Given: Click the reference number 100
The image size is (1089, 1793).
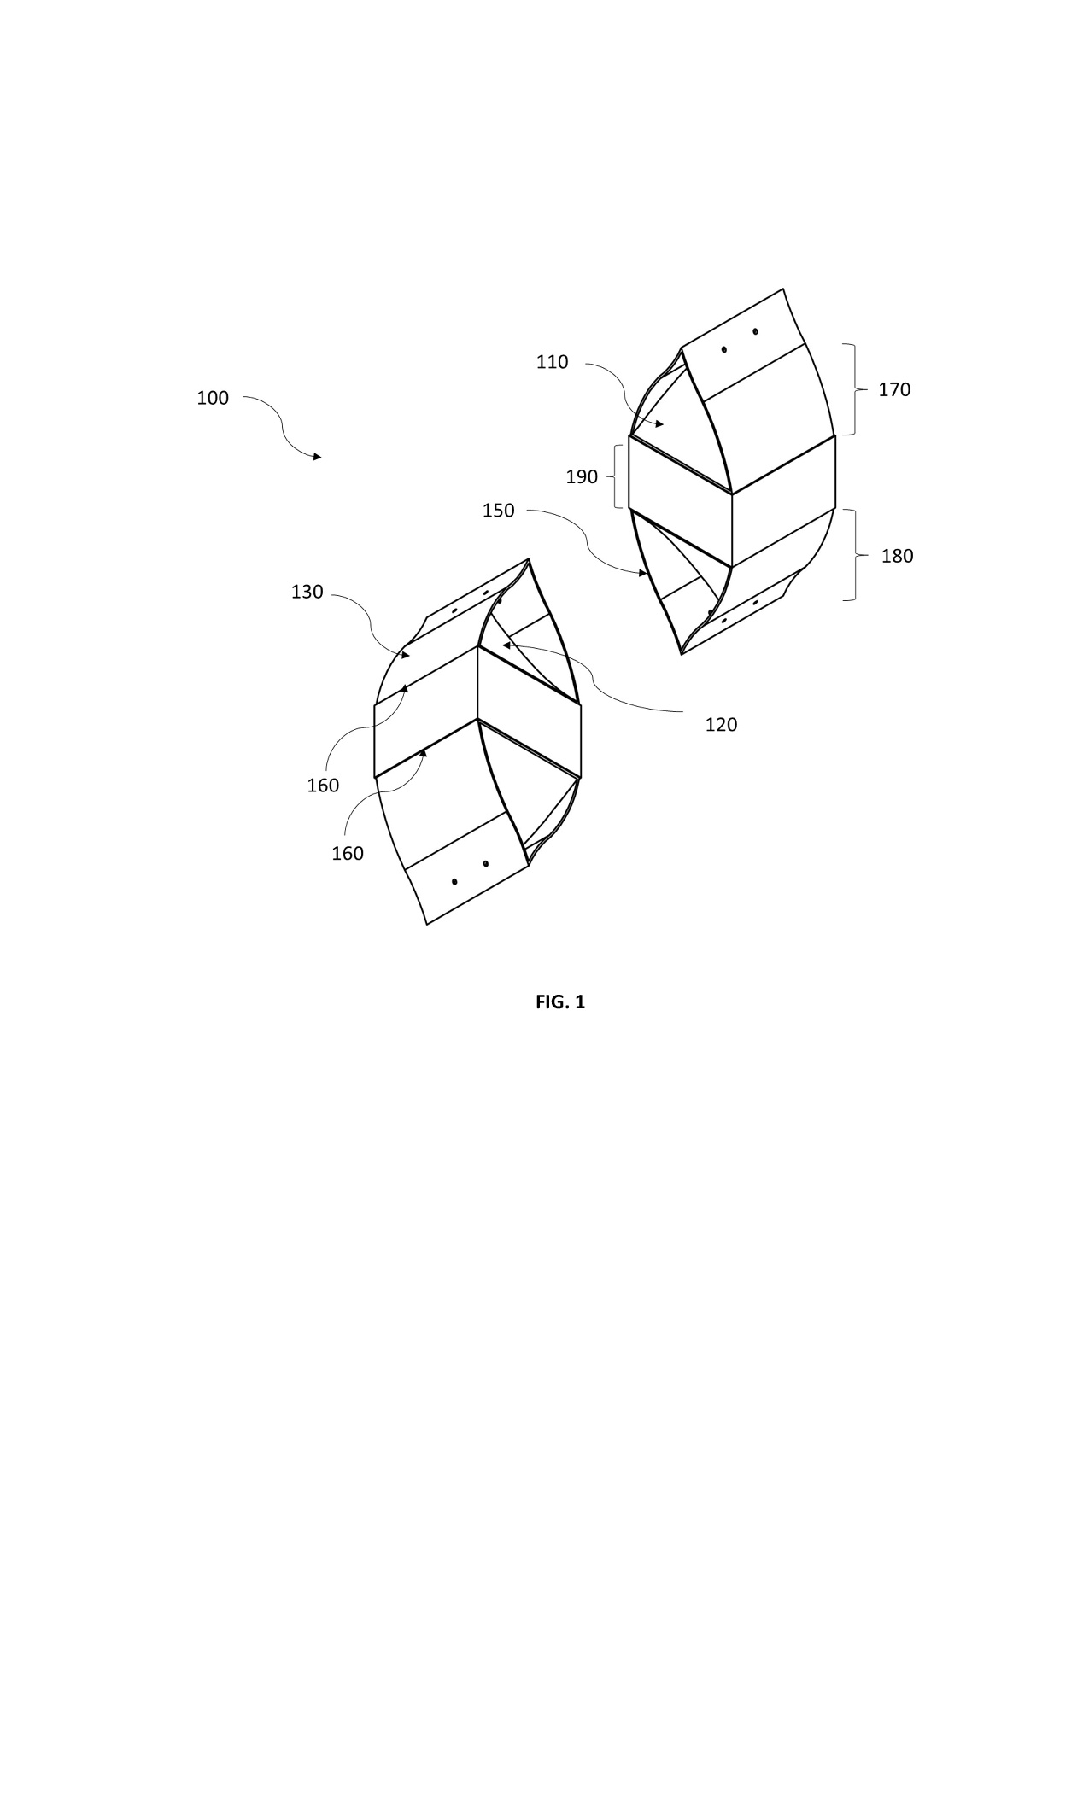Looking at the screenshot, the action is [213, 398].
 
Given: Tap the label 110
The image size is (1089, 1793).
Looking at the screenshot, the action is [552, 362].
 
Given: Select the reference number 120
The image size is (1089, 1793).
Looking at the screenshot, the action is [721, 725].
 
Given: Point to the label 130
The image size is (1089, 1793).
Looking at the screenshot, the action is [307, 592].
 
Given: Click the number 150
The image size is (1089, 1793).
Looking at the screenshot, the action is [499, 511].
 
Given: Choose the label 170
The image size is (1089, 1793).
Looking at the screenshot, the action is [894, 390].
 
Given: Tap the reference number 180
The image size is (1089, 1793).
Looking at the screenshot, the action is [897, 557].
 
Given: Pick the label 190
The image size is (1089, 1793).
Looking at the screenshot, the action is [582, 477].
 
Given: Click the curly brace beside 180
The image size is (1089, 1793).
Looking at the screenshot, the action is [862, 555].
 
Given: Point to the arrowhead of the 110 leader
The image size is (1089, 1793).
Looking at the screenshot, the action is [659, 423].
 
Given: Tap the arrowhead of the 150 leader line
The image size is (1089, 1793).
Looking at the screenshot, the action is [643, 573].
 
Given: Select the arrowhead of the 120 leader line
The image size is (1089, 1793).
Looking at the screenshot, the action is [506, 645].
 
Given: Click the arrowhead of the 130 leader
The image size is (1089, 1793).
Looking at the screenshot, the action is [406, 656].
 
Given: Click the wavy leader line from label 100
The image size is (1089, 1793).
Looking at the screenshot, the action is [283, 425].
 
